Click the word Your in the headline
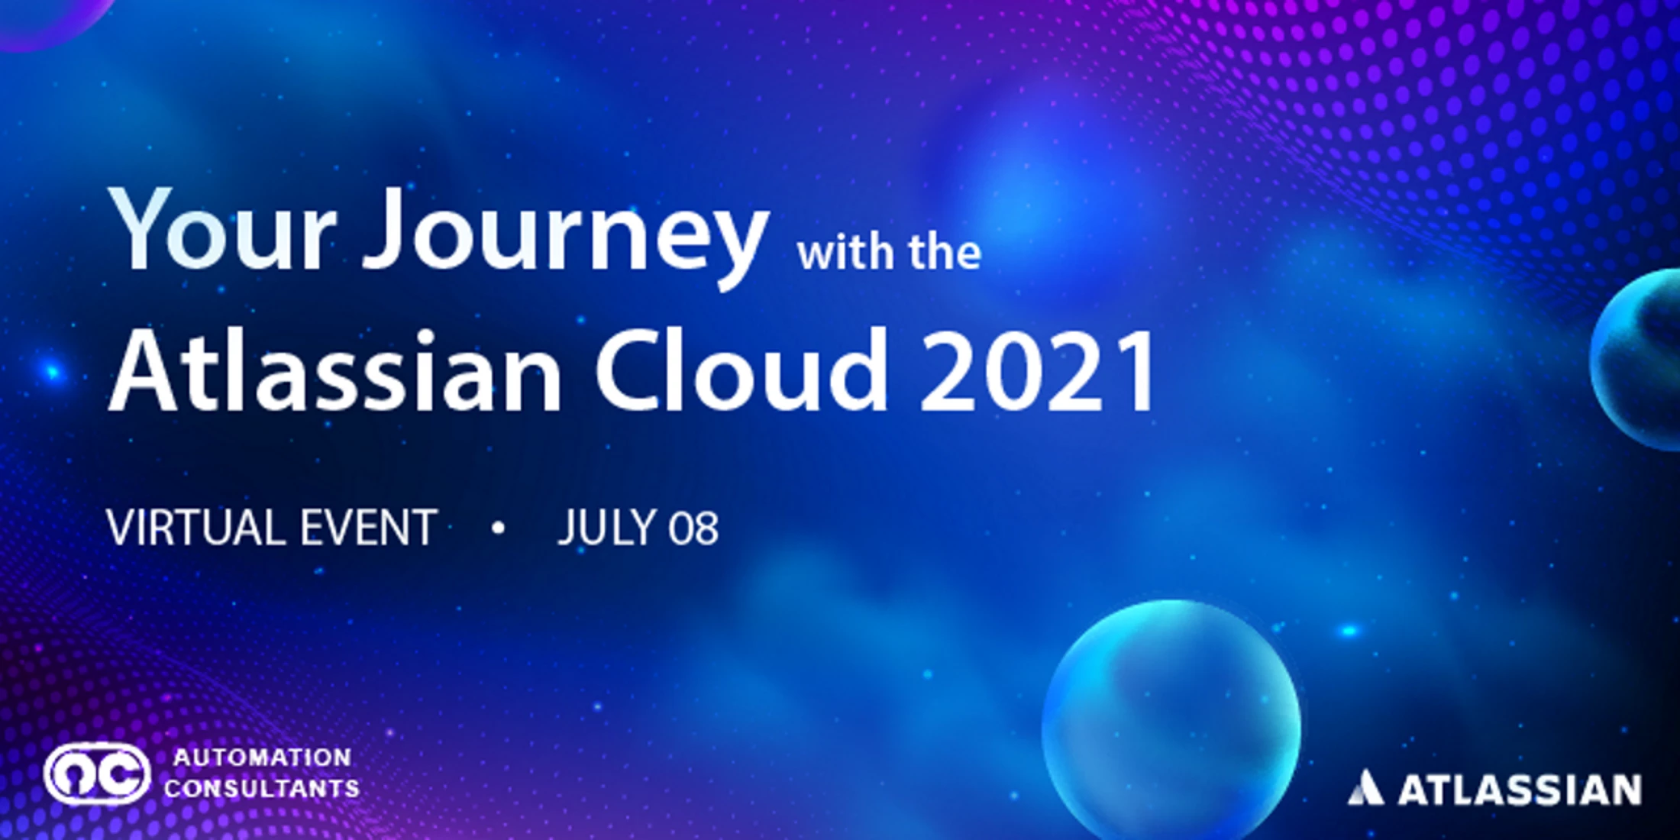click(x=222, y=228)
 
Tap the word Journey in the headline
click(x=566, y=237)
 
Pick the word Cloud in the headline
click(x=742, y=370)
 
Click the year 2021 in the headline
click(x=1038, y=372)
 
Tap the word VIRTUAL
click(x=195, y=528)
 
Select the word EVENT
click(x=368, y=528)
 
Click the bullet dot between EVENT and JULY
click(x=499, y=528)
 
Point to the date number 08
click(x=693, y=528)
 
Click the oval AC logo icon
click(x=97, y=774)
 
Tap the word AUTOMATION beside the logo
click(x=262, y=758)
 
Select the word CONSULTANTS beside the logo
click(x=262, y=788)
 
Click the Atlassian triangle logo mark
click(x=1365, y=788)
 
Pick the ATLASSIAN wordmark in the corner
click(x=1520, y=790)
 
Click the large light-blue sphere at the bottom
click(x=1171, y=722)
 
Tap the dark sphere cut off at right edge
click(x=1636, y=359)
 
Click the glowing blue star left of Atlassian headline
click(x=52, y=373)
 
